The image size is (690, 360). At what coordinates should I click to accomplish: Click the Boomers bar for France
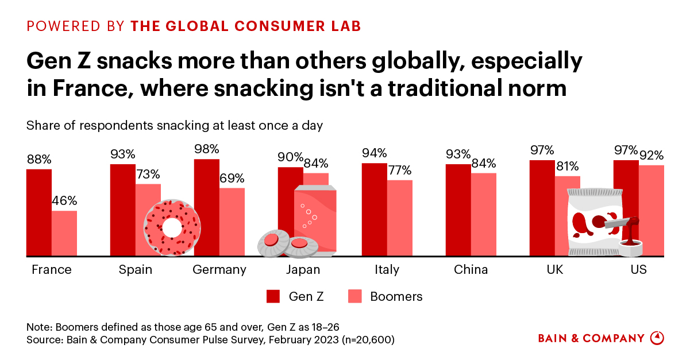pos(64,233)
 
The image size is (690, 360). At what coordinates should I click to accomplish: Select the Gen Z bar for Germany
pos(207,207)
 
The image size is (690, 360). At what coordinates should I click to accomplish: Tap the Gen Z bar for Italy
pos(374,210)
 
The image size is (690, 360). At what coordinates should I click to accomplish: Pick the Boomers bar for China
pos(484,214)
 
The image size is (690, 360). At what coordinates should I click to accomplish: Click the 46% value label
pos(64,202)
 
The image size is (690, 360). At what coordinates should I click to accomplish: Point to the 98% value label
pos(207,149)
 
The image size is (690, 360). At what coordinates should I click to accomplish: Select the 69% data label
pos(232,178)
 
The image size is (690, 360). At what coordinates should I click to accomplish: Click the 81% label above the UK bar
pos(568,167)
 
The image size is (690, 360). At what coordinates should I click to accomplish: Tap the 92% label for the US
pos(652,156)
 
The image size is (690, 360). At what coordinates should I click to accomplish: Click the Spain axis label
pos(136,270)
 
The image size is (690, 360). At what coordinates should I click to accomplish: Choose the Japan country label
pos(303,270)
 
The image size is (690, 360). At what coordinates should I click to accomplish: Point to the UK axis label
pos(554,270)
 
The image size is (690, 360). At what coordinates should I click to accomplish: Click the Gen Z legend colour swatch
pos(273,296)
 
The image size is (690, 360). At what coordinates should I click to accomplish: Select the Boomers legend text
pos(396,296)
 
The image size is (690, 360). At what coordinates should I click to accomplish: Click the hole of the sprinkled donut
pos(171,227)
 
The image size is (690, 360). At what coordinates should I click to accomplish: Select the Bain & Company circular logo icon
pos(657,338)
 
